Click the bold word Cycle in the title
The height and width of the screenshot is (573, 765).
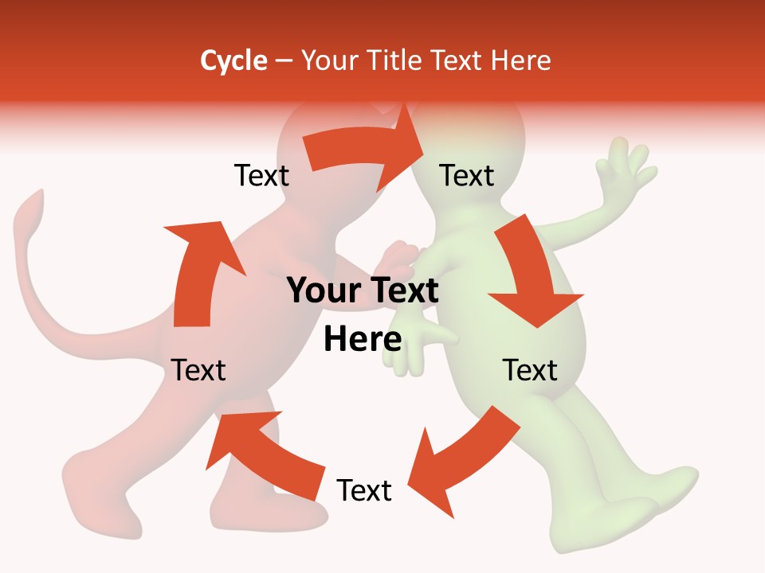pyautogui.click(x=233, y=60)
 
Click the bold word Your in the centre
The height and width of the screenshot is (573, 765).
pyautogui.click(x=319, y=291)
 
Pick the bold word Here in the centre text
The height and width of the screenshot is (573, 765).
pyautogui.click(x=363, y=340)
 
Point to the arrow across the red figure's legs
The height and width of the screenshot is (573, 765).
pyautogui.click(x=263, y=454)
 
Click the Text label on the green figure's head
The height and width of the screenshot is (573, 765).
pyautogui.click(x=467, y=175)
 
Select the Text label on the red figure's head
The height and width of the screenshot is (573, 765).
pyautogui.click(x=261, y=175)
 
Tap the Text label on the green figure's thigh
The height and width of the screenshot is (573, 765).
pyautogui.click(x=529, y=370)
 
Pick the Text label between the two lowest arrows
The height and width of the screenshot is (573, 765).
pyautogui.click(x=364, y=490)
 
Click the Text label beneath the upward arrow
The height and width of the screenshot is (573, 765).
pyautogui.click(x=198, y=370)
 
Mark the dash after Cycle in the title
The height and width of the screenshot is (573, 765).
pyautogui.click(x=284, y=61)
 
